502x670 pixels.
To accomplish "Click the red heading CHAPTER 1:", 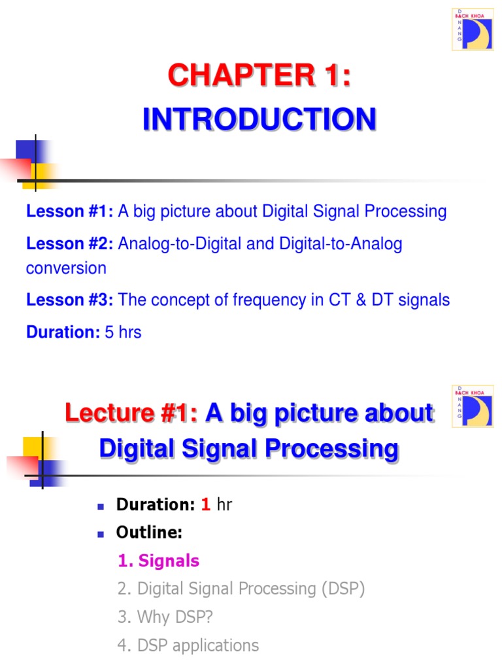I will point(259,76).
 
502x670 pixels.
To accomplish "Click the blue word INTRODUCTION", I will point(259,120).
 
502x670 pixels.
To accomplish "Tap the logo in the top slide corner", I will point(473,29).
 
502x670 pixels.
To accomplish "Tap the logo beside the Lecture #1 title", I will point(473,406).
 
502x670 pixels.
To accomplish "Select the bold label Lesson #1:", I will point(70,211).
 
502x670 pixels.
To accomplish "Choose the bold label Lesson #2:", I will point(70,244).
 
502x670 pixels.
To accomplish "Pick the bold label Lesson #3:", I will point(70,300).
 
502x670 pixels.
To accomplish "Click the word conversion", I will point(66,268).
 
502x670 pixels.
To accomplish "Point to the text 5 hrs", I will point(123,332).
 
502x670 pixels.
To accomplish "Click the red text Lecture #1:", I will point(131,414).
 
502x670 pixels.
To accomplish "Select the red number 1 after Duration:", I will point(205,504).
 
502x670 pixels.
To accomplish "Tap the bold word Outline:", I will point(149,533).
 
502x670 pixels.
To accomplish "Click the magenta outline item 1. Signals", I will point(159,561).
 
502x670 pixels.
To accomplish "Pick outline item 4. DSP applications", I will point(188,645).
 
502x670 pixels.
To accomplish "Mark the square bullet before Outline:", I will point(101,534).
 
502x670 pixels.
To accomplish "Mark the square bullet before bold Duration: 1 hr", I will point(101,506).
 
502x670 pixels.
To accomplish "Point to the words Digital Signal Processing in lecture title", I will point(248,449).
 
